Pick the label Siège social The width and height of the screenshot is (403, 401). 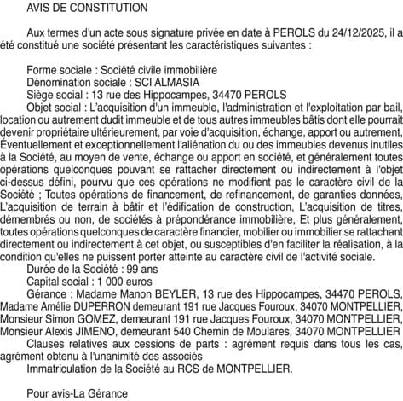click(x=58, y=95)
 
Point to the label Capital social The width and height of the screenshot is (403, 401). click(x=60, y=304)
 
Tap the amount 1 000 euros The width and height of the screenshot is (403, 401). click(x=129, y=304)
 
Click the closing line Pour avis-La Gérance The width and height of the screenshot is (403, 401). click(x=77, y=394)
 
